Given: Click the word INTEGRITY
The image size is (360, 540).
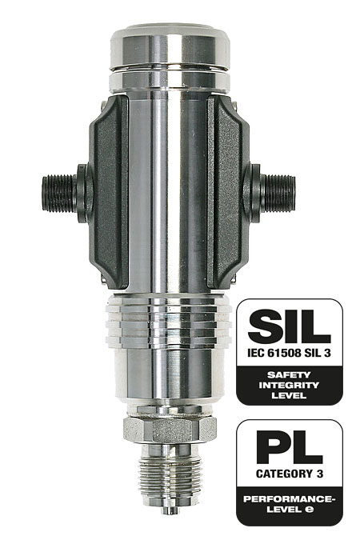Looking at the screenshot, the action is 289,385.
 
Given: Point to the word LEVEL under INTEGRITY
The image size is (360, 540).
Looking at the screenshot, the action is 289,395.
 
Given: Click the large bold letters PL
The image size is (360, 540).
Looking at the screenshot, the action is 290,446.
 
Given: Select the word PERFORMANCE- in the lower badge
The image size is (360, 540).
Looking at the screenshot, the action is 290,498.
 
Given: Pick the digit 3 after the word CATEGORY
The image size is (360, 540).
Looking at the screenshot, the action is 319,474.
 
